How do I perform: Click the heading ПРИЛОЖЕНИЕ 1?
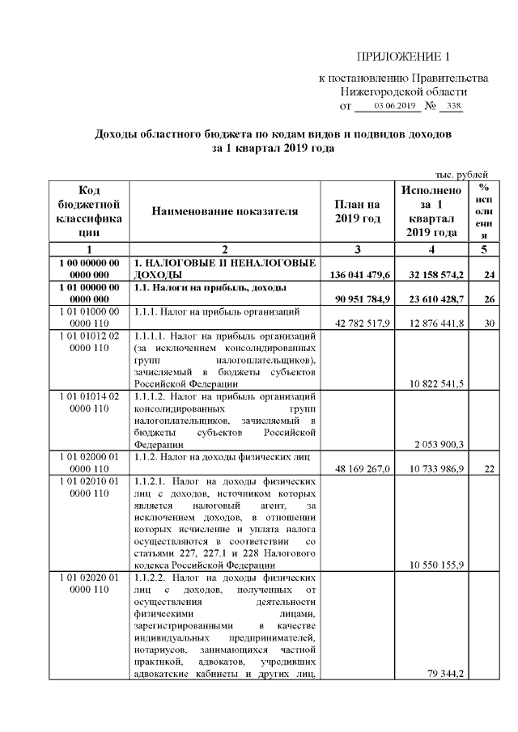[x=402, y=57]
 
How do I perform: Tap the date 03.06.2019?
[x=395, y=106]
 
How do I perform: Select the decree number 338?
[x=454, y=106]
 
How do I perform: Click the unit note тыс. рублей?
[x=462, y=175]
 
